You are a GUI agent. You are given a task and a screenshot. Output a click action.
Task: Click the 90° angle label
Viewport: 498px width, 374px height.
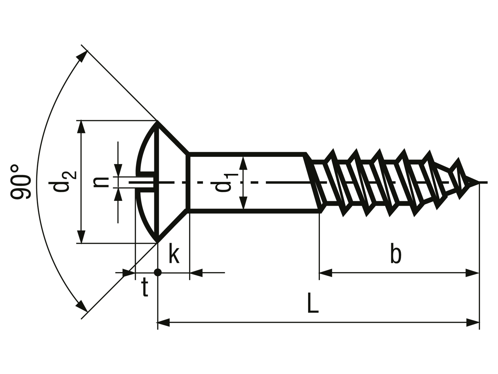pos(20,182)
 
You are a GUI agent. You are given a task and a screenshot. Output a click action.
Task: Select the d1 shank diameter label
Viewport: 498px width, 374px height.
pos(227,182)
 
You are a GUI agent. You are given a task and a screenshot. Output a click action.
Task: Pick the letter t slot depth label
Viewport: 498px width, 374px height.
pos(145,288)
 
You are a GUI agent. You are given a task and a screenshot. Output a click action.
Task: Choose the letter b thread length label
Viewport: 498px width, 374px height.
pos(396,253)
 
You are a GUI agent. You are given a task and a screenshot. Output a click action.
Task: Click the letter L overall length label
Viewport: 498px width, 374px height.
pos(313,303)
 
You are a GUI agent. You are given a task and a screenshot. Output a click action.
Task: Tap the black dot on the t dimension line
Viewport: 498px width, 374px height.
pos(158,272)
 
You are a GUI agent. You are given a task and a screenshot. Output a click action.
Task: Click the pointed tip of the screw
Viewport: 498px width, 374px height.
pos(478,182)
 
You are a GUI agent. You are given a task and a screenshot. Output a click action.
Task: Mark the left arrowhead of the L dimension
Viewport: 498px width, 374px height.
pos(164,322)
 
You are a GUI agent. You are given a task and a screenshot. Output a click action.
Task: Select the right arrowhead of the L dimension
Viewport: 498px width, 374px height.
pos(473,322)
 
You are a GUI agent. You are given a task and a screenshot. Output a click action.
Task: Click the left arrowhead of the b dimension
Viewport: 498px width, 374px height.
pos(326,273)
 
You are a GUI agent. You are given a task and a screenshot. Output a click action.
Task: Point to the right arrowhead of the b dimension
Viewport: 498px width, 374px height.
pos(472,273)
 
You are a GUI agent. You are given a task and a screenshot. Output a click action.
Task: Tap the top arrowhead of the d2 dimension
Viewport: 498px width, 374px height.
pos(81,127)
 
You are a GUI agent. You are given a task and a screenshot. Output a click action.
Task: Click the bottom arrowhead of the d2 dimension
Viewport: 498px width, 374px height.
pos(81,237)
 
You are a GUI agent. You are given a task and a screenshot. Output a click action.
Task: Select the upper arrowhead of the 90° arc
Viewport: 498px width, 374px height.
pos(82,56)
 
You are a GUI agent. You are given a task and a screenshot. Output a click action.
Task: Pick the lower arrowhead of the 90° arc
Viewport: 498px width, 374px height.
pos(82,306)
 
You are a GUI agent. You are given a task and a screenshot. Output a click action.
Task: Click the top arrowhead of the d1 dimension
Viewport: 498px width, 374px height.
pos(243,163)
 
